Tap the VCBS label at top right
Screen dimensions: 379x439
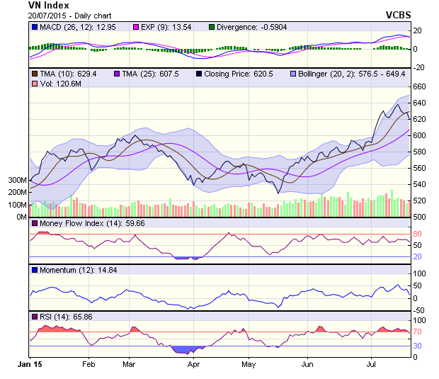click(x=398, y=15)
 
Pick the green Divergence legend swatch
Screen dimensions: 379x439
click(x=211, y=27)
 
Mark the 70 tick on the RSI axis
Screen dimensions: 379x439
click(x=418, y=332)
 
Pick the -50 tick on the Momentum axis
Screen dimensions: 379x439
click(x=419, y=310)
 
